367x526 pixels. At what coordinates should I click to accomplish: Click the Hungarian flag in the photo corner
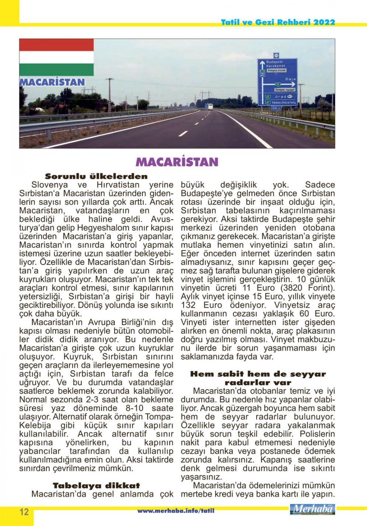(x=56, y=57)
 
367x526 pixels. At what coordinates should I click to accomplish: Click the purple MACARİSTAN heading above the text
(x=177, y=162)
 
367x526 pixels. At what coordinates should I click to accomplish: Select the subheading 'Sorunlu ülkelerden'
(x=96, y=176)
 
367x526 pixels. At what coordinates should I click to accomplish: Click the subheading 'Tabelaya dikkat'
(x=96, y=485)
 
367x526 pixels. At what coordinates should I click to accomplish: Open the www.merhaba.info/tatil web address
(x=176, y=511)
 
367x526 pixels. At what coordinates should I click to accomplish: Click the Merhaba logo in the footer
(x=313, y=509)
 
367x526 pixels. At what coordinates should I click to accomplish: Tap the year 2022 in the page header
(x=325, y=22)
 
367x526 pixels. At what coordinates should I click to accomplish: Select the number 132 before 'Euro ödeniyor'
(x=190, y=305)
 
